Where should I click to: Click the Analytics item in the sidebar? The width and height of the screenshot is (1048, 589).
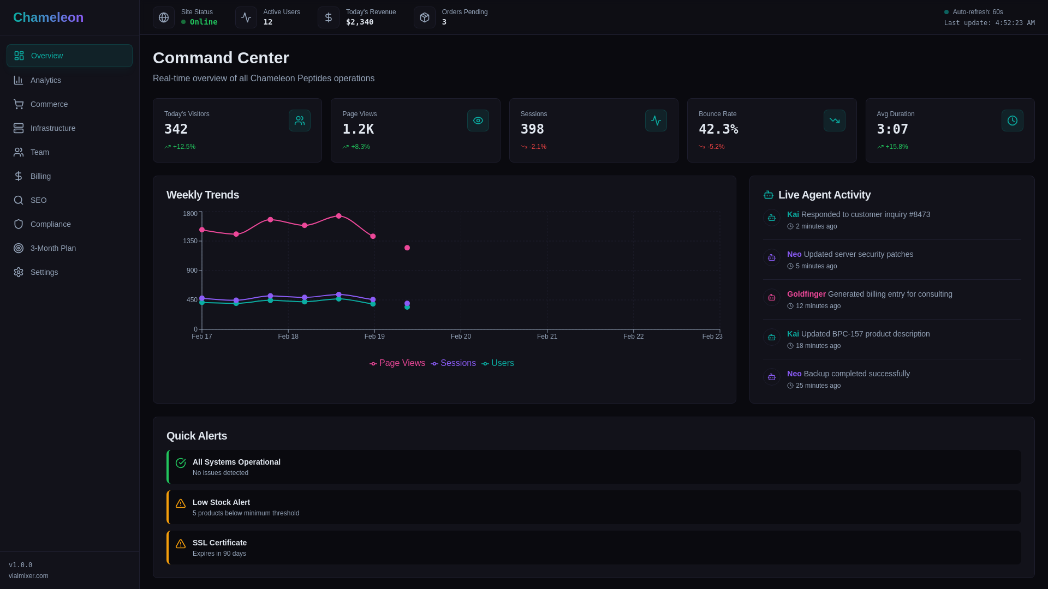(x=46, y=80)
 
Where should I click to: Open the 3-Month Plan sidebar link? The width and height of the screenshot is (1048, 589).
(x=53, y=248)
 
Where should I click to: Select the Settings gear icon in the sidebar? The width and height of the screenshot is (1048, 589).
(x=19, y=272)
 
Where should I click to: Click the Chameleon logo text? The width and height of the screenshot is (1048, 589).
(x=48, y=17)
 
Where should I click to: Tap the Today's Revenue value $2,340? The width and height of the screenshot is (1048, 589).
(x=359, y=22)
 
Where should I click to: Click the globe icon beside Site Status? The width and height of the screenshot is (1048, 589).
(x=164, y=17)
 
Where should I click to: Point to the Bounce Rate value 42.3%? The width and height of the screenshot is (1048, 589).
(x=718, y=129)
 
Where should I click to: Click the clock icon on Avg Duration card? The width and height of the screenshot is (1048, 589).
(x=1012, y=121)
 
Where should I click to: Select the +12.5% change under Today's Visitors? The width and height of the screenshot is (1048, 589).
(x=183, y=147)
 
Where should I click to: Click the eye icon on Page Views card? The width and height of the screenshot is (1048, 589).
(x=478, y=121)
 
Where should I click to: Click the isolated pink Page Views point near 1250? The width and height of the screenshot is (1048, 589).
(x=407, y=248)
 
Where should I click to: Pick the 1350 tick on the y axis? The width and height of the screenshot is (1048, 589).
(x=190, y=241)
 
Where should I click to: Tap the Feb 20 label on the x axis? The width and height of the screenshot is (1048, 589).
(x=461, y=336)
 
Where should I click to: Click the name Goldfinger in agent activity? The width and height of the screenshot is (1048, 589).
(x=806, y=294)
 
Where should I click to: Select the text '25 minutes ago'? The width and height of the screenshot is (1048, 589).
(x=818, y=386)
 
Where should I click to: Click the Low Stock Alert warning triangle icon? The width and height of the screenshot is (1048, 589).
(x=181, y=503)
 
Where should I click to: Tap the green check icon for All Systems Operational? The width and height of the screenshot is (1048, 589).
(x=181, y=463)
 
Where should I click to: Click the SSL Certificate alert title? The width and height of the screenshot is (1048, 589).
(x=219, y=543)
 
